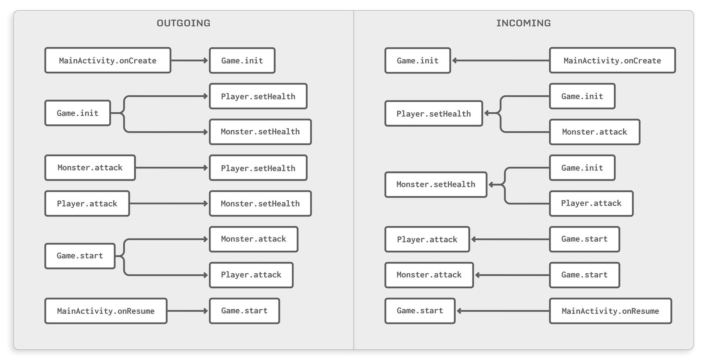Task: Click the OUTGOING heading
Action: click(x=184, y=23)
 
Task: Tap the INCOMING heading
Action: click(x=523, y=23)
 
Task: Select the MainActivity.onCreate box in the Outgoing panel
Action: click(x=108, y=61)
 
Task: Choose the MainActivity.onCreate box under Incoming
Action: click(x=612, y=61)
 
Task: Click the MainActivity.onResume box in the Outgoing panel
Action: click(x=106, y=311)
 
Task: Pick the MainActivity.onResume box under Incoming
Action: click(x=610, y=311)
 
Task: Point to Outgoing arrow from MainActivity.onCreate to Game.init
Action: click(x=189, y=61)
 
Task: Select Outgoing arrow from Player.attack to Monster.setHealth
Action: click(x=169, y=203)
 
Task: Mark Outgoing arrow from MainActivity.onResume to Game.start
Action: click(x=188, y=311)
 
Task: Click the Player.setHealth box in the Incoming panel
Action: click(x=434, y=114)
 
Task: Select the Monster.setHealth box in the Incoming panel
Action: click(x=436, y=185)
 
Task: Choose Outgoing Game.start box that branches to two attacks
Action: click(x=80, y=256)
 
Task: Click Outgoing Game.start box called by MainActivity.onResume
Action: click(x=244, y=311)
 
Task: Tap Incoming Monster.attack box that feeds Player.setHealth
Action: click(x=594, y=132)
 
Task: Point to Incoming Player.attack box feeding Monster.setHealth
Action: click(x=591, y=203)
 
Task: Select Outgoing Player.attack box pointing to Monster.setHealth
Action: click(x=87, y=204)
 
